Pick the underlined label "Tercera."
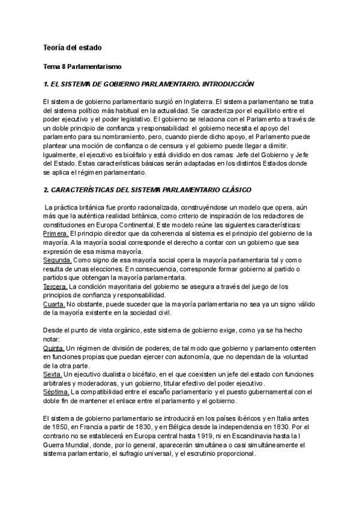pos(56,286)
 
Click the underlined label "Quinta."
pos(55,348)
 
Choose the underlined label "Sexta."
pos(53,375)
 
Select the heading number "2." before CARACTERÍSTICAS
pos(47,190)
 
